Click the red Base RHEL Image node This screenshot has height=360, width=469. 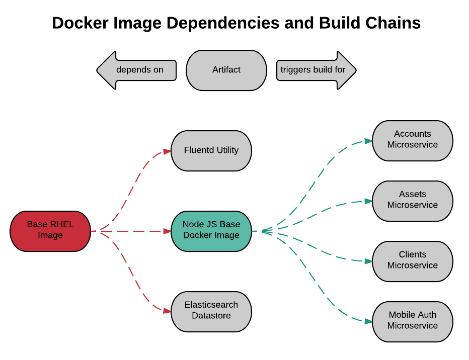click(x=50, y=231)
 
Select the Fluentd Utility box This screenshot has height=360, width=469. click(x=211, y=150)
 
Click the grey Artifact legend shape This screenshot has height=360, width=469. click(x=226, y=70)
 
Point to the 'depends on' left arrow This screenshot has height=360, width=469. click(x=137, y=70)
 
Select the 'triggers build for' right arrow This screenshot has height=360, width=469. click(x=316, y=70)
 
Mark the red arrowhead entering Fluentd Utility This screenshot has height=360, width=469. click(x=167, y=151)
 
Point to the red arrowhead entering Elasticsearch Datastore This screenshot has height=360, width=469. click(x=167, y=311)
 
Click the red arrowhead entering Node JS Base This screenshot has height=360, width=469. click(x=167, y=231)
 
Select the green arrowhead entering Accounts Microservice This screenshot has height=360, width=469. click(x=368, y=141)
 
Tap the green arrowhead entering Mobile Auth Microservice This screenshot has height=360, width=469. click(x=368, y=321)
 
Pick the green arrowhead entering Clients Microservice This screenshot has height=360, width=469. click(x=368, y=261)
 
